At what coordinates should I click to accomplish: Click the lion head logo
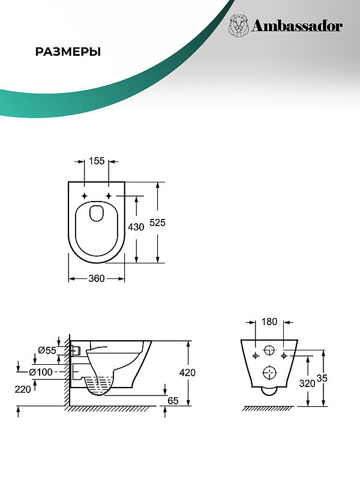pyautogui.click(x=238, y=26)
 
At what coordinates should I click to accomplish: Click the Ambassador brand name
pyautogui.click(x=297, y=26)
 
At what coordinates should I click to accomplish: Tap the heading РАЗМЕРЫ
pyautogui.click(x=68, y=52)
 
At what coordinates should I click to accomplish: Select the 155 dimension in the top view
pyautogui.click(x=97, y=161)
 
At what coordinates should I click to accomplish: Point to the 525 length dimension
pyautogui.click(x=157, y=223)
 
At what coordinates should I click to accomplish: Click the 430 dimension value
pyautogui.click(x=136, y=227)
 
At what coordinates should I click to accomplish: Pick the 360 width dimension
pyautogui.click(x=97, y=278)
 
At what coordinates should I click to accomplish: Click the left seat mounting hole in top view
pyautogui.click(x=85, y=196)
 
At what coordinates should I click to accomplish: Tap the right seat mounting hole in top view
pyautogui.click(x=109, y=196)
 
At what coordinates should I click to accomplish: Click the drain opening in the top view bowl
pyautogui.click(x=96, y=214)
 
